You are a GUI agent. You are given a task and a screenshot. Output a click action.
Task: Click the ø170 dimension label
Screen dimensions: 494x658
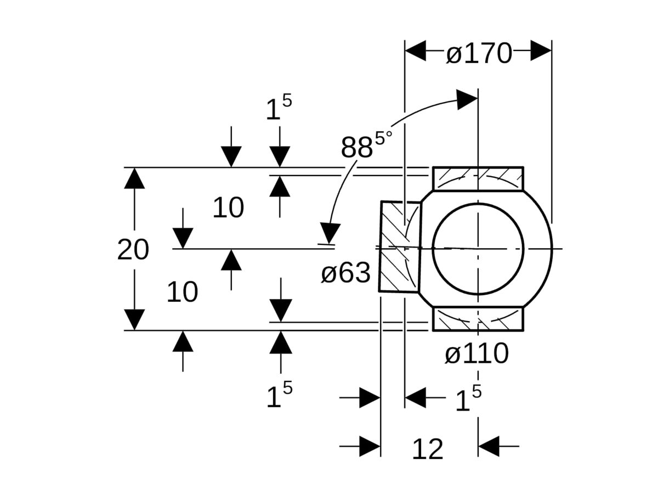tap(478, 54)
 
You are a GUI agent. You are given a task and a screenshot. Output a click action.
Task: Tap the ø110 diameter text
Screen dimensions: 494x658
tap(476, 354)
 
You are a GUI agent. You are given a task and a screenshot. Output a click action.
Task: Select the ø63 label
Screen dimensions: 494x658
tap(345, 273)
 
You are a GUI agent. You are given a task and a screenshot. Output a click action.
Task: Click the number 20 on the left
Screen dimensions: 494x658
tap(133, 250)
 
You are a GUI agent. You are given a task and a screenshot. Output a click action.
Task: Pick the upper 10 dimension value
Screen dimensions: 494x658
tap(228, 208)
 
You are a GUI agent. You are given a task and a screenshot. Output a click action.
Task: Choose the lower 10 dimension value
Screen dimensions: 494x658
tap(182, 293)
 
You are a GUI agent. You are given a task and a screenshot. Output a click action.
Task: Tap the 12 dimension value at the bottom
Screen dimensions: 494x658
tap(427, 450)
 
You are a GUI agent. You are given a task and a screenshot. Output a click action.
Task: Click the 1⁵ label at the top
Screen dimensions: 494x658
tap(279, 108)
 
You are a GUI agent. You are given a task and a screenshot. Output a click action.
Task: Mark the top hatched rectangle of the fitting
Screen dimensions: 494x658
tap(478, 178)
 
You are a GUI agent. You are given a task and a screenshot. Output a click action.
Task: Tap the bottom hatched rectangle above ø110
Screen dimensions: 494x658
tap(478, 319)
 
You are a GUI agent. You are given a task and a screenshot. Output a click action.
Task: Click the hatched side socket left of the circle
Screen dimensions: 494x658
tap(400, 246)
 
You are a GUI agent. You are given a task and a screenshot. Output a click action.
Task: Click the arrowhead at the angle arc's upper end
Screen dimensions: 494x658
tap(467, 99)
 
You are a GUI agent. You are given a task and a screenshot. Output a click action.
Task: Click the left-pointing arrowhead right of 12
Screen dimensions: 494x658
tap(489, 446)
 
